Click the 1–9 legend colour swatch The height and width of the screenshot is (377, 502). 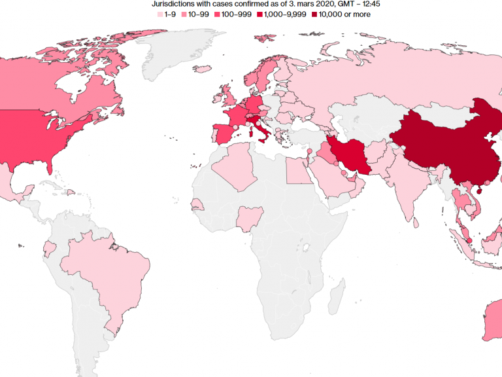(159, 14)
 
